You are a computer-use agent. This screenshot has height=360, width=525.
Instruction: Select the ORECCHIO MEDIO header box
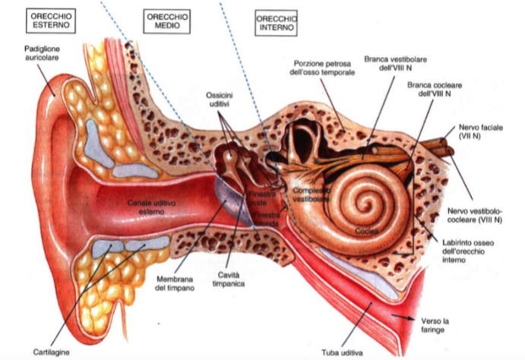point(167,21)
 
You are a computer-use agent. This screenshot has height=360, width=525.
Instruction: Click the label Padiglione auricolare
point(43,52)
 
